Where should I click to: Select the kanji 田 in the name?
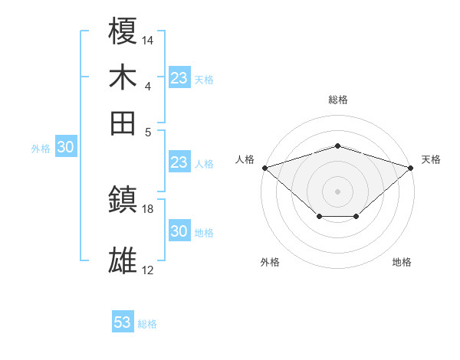tap(123, 123)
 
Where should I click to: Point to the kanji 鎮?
tap(123, 201)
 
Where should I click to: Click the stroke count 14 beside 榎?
tap(148, 38)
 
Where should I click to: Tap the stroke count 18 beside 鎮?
tap(148, 208)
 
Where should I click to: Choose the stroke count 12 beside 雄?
tap(148, 270)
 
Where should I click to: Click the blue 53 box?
tap(123, 322)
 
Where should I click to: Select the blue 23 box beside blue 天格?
tap(179, 78)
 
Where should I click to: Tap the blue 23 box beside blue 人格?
tap(179, 162)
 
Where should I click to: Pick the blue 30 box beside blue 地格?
tap(179, 231)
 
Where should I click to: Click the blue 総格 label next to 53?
tap(147, 324)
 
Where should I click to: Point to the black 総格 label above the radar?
tap(338, 100)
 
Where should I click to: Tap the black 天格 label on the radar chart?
tap(432, 159)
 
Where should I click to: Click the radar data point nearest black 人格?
tap(264, 167)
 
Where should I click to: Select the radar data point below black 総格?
tap(338, 146)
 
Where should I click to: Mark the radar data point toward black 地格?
tap(356, 218)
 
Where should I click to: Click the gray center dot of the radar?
tap(338, 191)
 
